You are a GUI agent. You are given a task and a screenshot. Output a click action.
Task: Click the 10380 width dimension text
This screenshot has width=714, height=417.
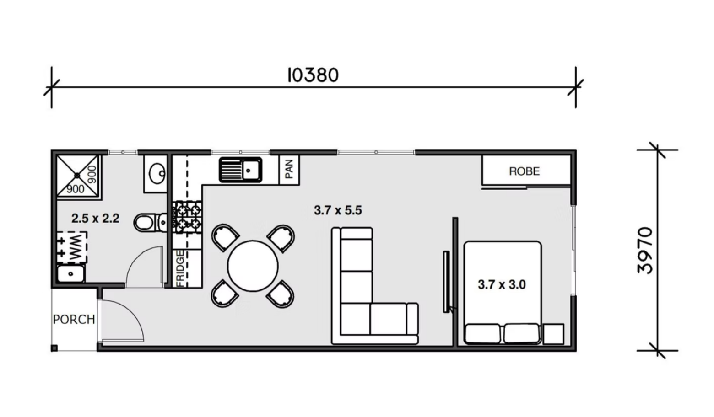coord(313,75)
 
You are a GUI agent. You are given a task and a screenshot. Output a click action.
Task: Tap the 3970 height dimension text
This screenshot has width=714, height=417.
coord(645,250)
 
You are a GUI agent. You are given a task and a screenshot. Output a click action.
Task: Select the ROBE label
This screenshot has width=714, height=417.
coord(525,171)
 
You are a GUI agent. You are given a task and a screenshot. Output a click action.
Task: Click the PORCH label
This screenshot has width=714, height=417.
coord(74,319)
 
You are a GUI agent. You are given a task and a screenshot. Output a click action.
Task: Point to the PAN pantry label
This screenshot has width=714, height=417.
coord(289,169)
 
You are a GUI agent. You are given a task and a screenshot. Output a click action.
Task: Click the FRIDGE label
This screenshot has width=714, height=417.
coord(180,268)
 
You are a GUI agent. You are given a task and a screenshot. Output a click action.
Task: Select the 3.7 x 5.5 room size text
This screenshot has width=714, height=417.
coord(338,210)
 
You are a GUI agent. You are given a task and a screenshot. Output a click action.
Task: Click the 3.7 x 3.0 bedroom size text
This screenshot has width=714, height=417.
coord(502,284)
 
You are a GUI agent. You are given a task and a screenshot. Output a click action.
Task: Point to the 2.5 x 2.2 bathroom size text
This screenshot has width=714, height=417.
coord(95,219)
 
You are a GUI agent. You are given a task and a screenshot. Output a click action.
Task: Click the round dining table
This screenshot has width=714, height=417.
coord(253,266)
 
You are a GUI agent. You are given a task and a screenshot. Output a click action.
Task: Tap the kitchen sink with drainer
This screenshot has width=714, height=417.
coord(241,170)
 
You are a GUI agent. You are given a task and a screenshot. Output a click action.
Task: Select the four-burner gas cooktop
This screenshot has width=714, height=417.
coord(187,216)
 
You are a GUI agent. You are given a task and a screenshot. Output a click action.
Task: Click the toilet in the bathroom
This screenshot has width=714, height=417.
coord(150,223)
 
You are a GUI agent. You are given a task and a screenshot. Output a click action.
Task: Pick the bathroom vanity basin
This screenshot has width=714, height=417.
coord(157,173)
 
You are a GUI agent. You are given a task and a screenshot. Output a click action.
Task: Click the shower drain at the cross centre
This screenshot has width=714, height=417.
coord(77,176)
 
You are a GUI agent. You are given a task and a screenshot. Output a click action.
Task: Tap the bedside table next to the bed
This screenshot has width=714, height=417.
coord(554,334)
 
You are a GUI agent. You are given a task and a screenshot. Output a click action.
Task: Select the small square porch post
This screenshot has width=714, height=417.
coord(54,348)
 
